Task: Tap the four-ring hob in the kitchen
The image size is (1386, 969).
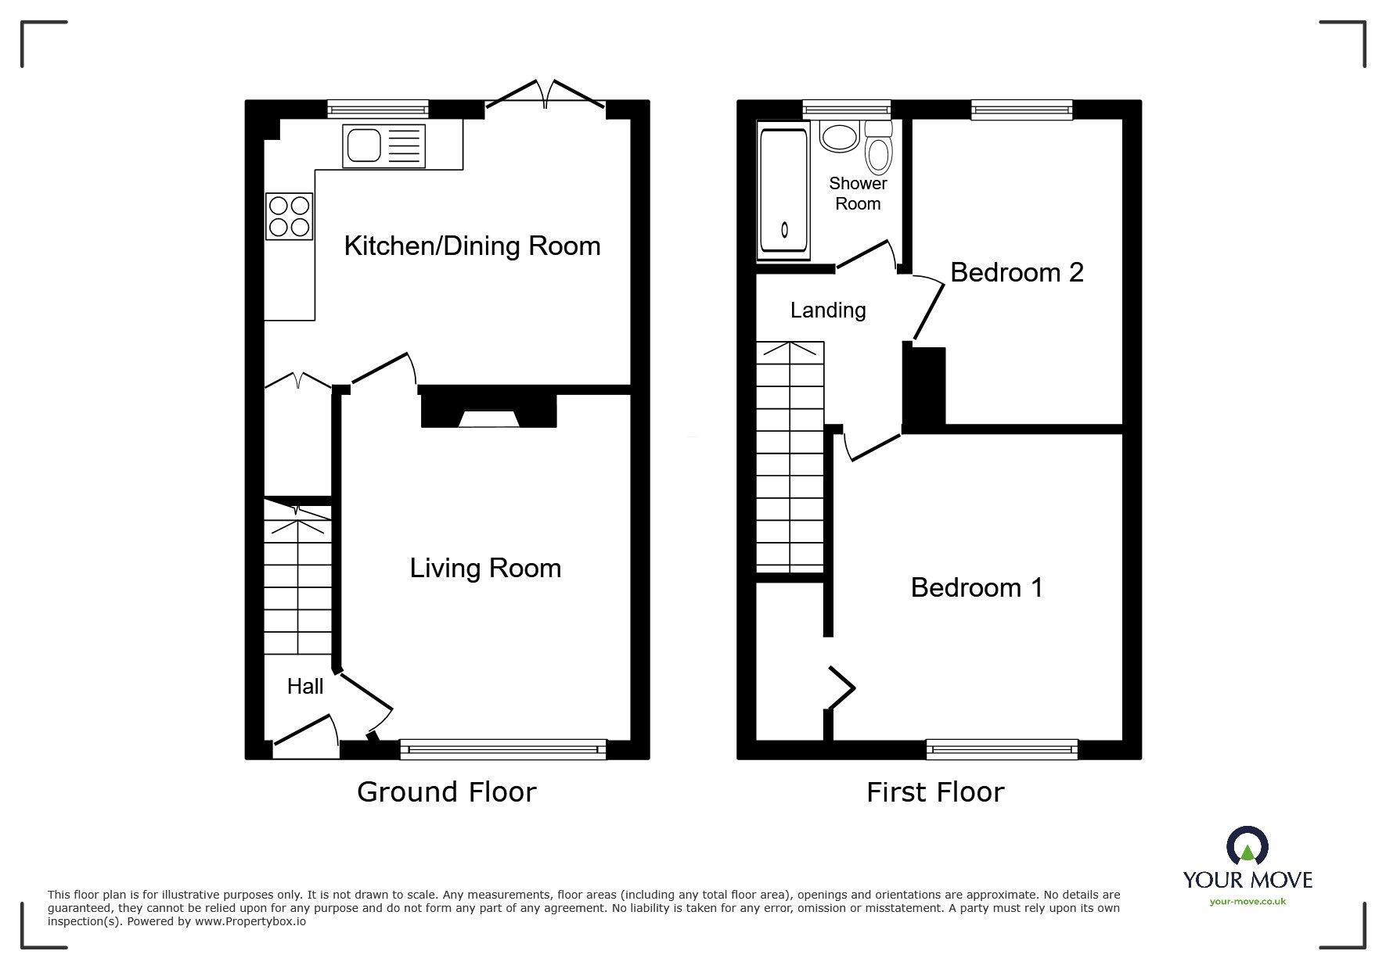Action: [289, 217]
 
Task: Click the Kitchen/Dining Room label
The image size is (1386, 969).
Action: [472, 246]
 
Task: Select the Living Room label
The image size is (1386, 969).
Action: [485, 568]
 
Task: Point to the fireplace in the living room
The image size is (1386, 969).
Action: [488, 411]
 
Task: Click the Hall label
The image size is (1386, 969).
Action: [304, 687]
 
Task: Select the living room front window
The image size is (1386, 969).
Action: [502, 749]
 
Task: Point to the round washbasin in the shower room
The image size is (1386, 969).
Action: [839, 136]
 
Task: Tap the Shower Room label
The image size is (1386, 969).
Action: [858, 193]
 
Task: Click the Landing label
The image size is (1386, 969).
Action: [827, 310]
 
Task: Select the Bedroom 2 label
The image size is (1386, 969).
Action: [1016, 272]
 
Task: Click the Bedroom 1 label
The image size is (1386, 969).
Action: [976, 587]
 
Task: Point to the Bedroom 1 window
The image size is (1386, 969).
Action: [1001, 749]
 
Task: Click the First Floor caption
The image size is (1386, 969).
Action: [934, 792]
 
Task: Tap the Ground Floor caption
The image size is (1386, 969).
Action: [446, 792]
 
